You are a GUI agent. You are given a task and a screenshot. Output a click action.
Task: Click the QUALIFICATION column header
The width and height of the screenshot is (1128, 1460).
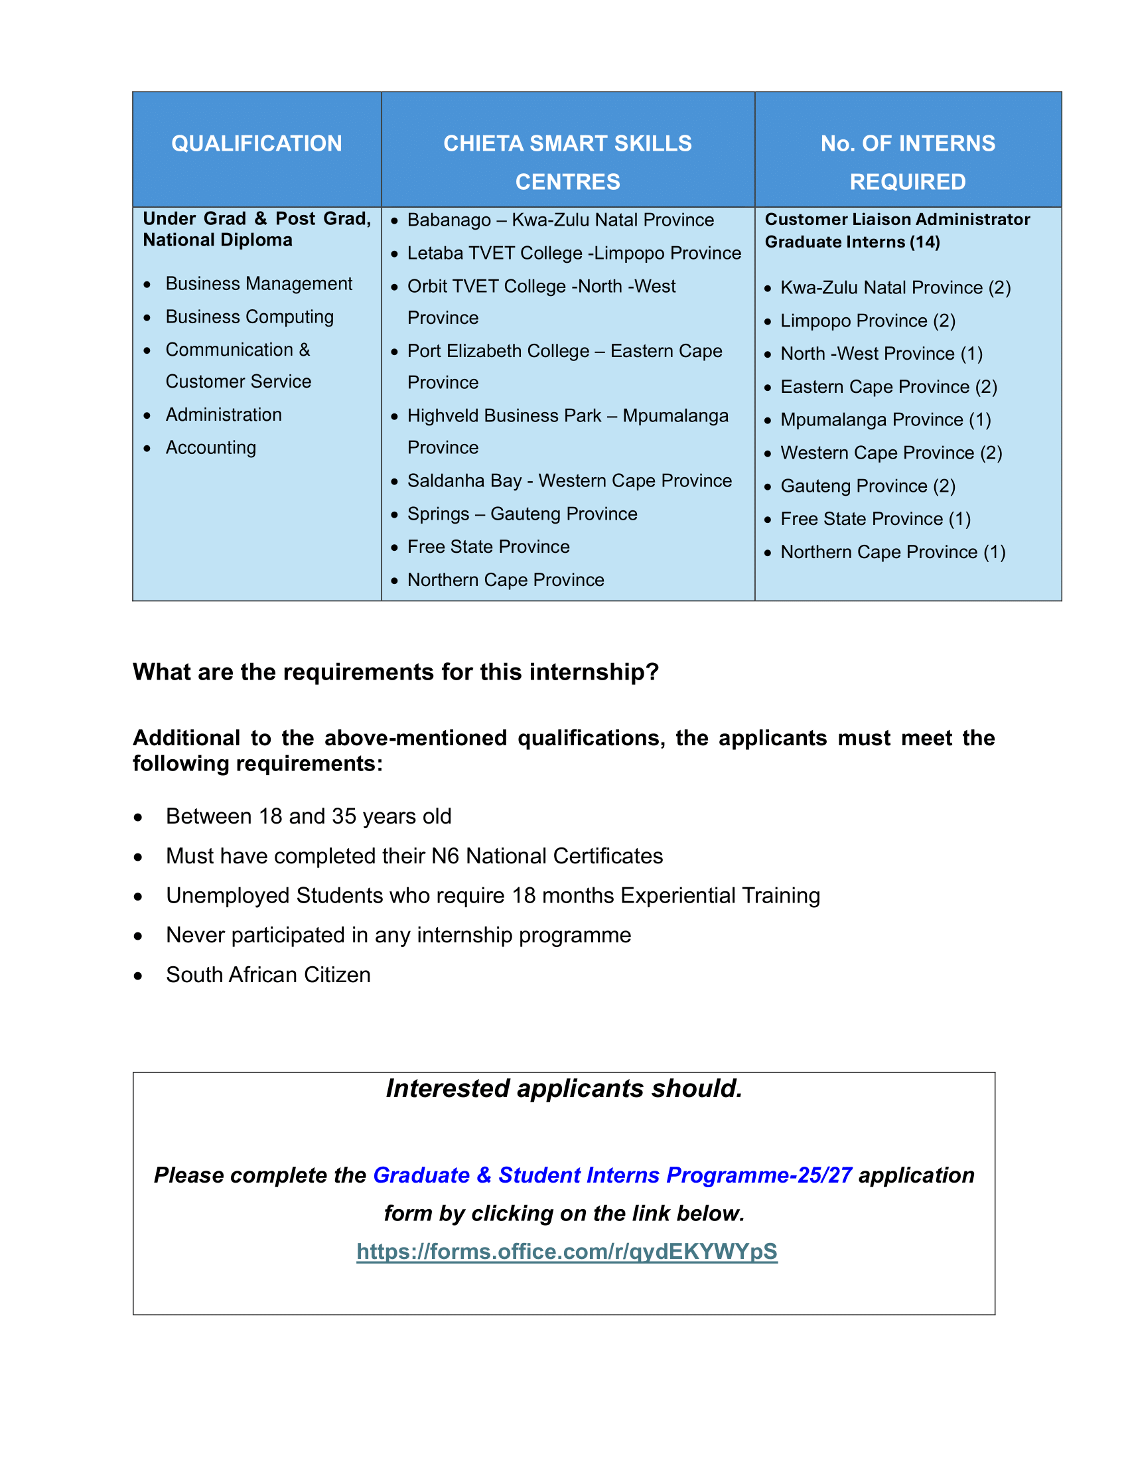(x=257, y=144)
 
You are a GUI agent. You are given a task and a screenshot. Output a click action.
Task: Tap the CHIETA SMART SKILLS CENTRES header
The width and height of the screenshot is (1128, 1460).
(x=567, y=162)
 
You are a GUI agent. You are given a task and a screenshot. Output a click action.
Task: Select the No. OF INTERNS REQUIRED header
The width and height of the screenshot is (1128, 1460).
(x=908, y=162)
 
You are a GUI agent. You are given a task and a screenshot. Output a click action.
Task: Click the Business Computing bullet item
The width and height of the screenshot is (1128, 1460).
(x=249, y=317)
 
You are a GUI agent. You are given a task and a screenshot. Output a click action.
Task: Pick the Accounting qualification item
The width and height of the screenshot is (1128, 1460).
(x=210, y=448)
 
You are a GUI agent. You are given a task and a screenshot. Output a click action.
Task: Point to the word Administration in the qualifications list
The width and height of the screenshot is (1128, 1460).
(x=223, y=415)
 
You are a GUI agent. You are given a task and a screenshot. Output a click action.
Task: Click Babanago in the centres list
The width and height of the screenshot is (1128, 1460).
(x=449, y=220)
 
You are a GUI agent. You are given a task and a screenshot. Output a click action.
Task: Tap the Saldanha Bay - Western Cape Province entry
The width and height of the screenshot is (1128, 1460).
(x=569, y=480)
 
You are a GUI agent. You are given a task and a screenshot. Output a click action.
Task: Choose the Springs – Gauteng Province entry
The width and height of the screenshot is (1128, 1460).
(x=522, y=514)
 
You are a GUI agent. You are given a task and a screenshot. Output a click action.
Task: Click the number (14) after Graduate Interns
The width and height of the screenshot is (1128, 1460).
(x=925, y=242)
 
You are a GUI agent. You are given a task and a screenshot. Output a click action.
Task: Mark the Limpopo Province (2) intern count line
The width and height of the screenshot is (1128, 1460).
(x=867, y=321)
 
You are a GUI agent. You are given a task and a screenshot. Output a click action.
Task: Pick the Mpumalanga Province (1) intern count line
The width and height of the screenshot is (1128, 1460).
(x=885, y=420)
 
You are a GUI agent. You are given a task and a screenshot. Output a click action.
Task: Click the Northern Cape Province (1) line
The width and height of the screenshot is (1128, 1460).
(x=892, y=552)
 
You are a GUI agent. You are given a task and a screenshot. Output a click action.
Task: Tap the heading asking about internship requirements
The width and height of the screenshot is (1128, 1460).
(x=395, y=672)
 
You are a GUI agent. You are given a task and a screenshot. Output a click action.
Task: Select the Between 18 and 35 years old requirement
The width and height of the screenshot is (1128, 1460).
(x=308, y=816)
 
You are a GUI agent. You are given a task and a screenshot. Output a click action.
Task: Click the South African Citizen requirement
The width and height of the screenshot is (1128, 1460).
(x=268, y=975)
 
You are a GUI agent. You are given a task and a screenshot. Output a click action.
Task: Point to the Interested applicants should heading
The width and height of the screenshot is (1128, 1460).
(x=564, y=1089)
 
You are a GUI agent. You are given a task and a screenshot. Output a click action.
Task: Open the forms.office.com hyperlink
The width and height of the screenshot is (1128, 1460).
(x=567, y=1252)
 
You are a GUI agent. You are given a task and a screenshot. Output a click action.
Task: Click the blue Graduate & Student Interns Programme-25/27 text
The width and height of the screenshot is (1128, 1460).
(x=612, y=1175)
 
